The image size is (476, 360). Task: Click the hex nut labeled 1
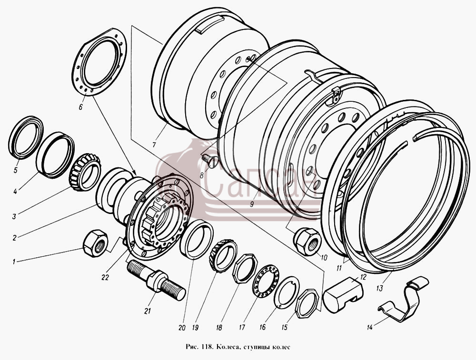pos(95,243)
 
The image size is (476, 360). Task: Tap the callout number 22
pos(105,277)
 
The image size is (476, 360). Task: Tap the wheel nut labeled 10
pos(307,242)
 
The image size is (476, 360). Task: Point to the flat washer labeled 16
pos(287,292)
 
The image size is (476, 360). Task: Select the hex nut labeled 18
pos(245,268)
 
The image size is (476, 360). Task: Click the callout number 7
pos(154,145)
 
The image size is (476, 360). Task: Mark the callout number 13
pos(380,288)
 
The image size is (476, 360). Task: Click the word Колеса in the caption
pos(226,347)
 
